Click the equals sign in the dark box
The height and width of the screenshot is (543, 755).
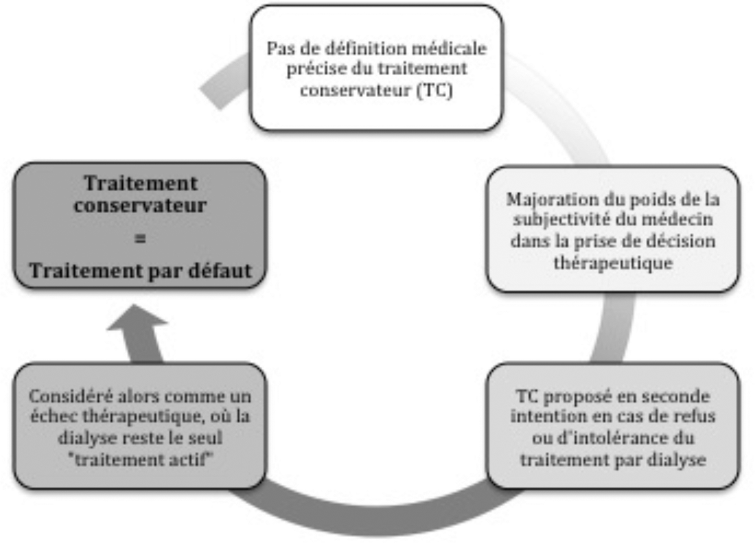[x=140, y=239]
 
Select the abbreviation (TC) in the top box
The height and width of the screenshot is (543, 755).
[x=434, y=90]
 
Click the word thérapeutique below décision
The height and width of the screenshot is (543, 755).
[x=613, y=263]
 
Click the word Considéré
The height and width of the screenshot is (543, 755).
[x=71, y=396]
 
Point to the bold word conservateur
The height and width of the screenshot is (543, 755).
[x=140, y=205]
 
